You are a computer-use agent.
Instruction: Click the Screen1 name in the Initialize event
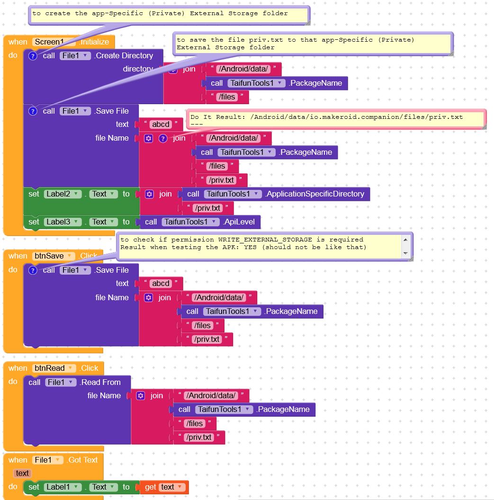49,42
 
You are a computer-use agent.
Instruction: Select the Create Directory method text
124,55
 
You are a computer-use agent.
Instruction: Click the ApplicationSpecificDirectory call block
276,194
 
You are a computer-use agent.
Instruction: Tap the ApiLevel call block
200,222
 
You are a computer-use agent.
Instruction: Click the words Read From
101,382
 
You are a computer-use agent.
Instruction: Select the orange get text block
164,487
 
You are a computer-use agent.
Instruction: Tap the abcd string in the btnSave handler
161,283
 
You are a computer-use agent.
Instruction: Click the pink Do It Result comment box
336,119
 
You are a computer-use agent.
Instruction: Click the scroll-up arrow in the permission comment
405,240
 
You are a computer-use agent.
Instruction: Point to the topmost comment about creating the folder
169,15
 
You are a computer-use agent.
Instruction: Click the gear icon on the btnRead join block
140,396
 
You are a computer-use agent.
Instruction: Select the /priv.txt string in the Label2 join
208,208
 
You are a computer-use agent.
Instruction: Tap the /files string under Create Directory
227,97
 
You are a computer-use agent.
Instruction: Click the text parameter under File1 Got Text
22,473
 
